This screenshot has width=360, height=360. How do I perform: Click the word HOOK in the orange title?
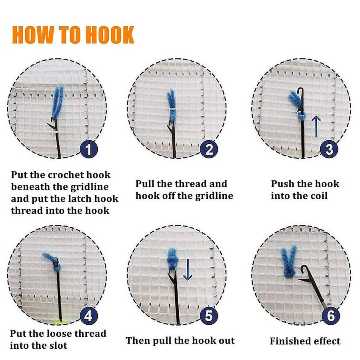click(111, 35)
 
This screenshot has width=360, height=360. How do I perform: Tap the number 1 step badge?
click(89, 149)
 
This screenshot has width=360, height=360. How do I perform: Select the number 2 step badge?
click(209, 149)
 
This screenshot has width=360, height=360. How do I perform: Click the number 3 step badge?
click(329, 149)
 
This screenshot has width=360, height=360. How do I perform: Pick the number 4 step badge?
click(89, 316)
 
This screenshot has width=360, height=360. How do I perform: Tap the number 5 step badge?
click(209, 316)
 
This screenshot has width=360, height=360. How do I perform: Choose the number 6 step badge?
click(331, 316)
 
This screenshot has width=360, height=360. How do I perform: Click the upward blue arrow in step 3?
click(317, 126)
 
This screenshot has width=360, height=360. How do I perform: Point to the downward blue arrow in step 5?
click(188, 270)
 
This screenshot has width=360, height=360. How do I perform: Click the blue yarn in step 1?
click(57, 102)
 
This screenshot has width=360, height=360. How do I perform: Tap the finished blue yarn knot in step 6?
click(289, 262)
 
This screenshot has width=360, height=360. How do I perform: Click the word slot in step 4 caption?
click(58, 345)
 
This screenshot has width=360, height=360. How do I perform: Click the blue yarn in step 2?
click(172, 106)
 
